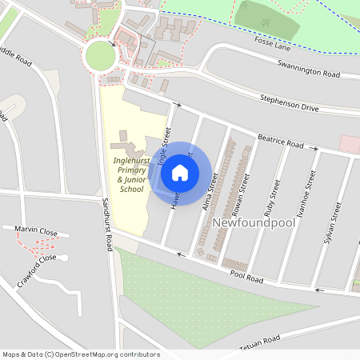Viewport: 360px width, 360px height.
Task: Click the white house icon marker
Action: point(180,172)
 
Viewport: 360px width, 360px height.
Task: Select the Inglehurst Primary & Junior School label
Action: point(131,174)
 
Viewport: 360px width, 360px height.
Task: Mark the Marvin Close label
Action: point(35,230)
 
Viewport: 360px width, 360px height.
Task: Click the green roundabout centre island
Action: point(101,56)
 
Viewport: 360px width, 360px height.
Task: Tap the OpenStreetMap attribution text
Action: point(81,354)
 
